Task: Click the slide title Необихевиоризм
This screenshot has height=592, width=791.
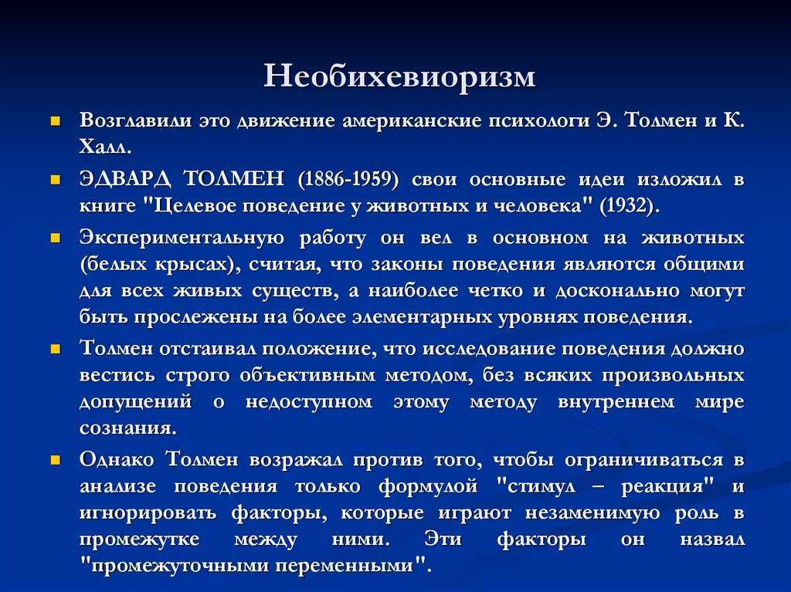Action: click(399, 76)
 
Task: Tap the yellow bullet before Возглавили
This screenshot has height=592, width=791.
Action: click(56, 121)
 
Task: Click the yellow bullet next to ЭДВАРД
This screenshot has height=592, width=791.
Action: click(56, 180)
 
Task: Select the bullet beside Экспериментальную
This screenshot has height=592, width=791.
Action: click(56, 238)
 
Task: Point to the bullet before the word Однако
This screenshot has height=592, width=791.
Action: click(56, 460)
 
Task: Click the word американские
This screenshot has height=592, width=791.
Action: click(412, 121)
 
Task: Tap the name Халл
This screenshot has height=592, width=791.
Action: click(105, 147)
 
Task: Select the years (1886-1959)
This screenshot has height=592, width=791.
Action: click(348, 180)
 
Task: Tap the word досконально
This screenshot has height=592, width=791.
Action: click(617, 292)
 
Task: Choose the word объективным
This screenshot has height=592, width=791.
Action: click(307, 376)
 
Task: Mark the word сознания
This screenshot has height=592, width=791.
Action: click(128, 428)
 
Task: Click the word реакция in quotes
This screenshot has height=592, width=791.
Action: click(667, 486)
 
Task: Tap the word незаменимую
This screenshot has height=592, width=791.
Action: click(592, 513)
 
